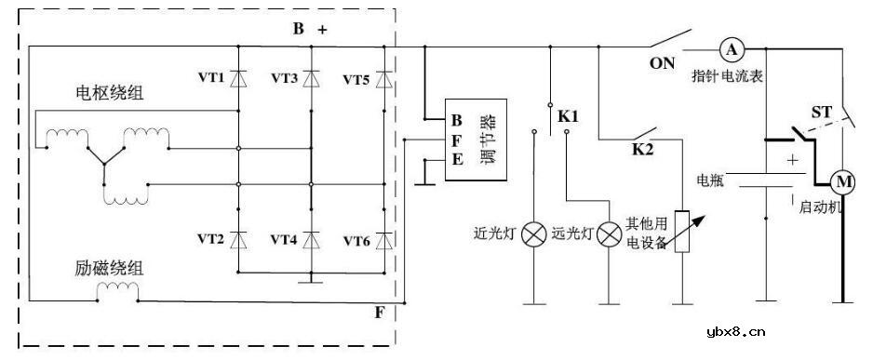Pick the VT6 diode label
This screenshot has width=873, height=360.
click(356, 241)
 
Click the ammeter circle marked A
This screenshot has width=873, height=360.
click(732, 48)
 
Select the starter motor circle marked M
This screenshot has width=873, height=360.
click(841, 180)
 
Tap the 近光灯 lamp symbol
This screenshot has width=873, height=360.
click(534, 234)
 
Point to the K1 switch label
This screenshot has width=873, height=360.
click(568, 117)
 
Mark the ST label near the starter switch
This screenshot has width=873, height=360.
click(821, 113)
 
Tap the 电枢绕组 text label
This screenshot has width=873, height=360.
click(102, 94)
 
